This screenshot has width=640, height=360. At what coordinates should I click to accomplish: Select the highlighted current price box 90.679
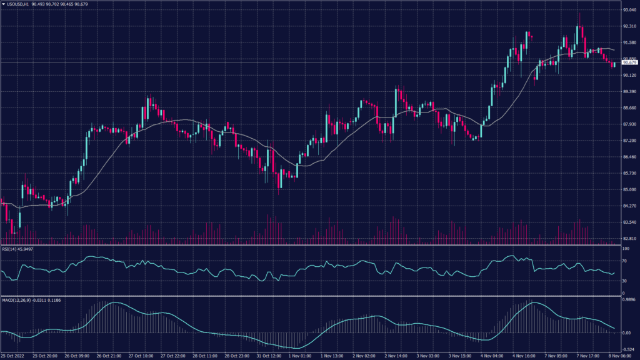[629, 62]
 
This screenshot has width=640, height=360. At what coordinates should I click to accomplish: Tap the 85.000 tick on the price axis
[628, 190]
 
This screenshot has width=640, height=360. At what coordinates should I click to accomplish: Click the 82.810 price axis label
[628, 239]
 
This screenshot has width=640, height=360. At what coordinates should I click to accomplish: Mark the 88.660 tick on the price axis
[628, 108]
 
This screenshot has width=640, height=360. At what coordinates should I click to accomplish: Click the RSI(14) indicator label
[11, 248]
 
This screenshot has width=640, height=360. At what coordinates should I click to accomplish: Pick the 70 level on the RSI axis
[624, 261]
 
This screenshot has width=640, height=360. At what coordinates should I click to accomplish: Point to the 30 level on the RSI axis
[624, 281]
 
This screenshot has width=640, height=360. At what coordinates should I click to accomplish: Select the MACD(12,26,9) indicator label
[17, 300]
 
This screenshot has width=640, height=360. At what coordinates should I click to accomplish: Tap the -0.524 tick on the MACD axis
[628, 349]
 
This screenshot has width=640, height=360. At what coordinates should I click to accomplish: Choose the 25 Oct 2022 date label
[13, 356]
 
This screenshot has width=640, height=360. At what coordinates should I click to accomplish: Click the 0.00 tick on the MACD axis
[626, 332]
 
